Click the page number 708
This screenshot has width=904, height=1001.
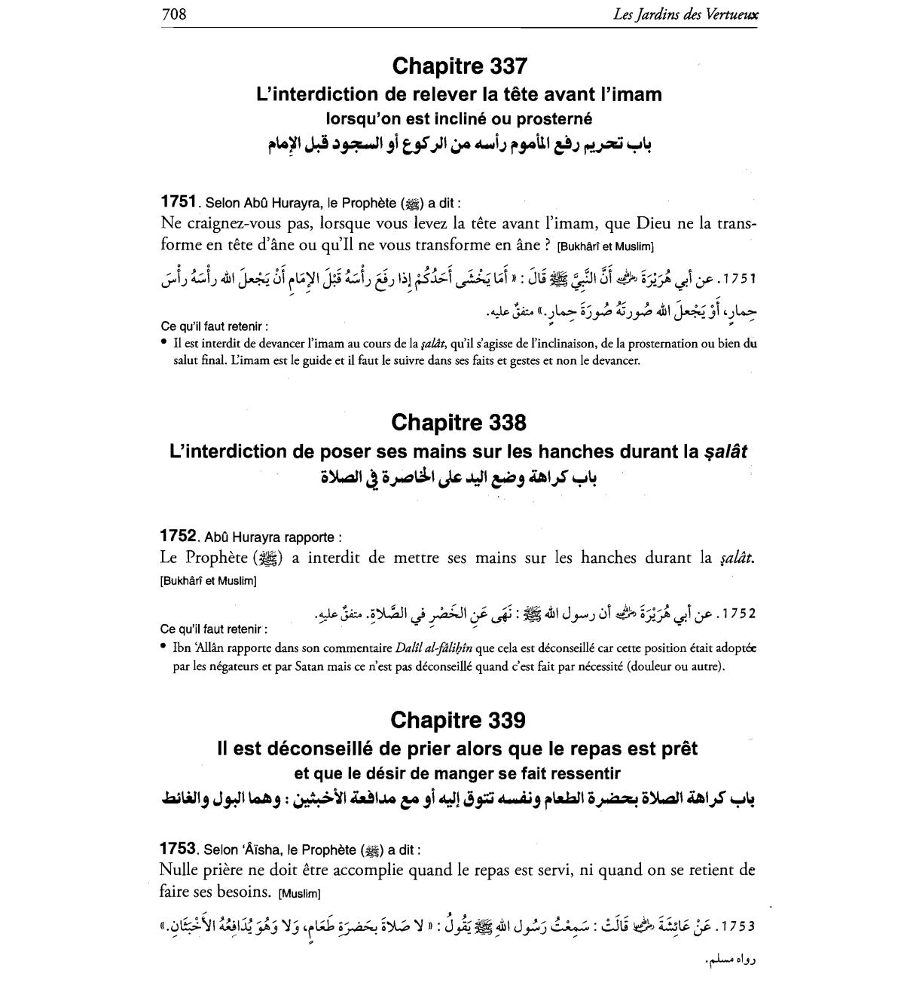[173, 14]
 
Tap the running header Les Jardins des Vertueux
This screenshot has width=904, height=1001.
[685, 14]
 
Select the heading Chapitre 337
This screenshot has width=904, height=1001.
[459, 66]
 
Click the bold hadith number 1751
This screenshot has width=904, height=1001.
[179, 202]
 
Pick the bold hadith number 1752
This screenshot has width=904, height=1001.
[179, 537]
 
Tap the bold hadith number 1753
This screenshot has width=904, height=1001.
[179, 849]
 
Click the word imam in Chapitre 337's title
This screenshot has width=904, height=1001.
[636, 95]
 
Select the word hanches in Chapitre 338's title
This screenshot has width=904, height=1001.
[579, 452]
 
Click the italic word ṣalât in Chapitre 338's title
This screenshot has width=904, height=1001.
[726, 452]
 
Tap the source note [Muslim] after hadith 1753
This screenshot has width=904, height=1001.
[299, 894]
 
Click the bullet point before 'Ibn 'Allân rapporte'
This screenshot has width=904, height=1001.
[164, 647]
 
